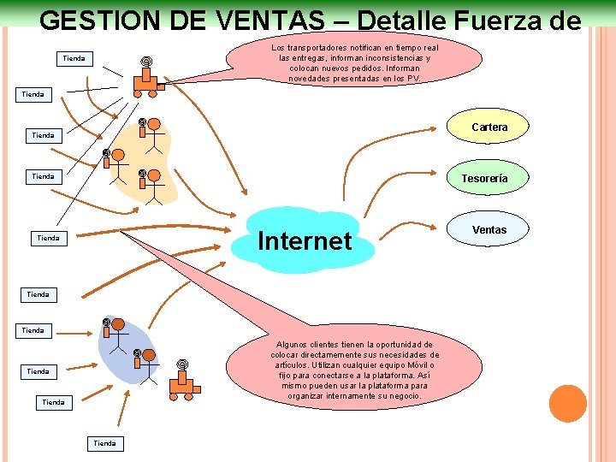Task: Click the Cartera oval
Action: [489, 127]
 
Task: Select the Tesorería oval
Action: [484, 179]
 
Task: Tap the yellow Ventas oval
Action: [489, 229]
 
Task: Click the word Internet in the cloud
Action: [305, 241]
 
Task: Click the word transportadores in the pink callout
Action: [328, 48]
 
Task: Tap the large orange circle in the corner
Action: [567, 404]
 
